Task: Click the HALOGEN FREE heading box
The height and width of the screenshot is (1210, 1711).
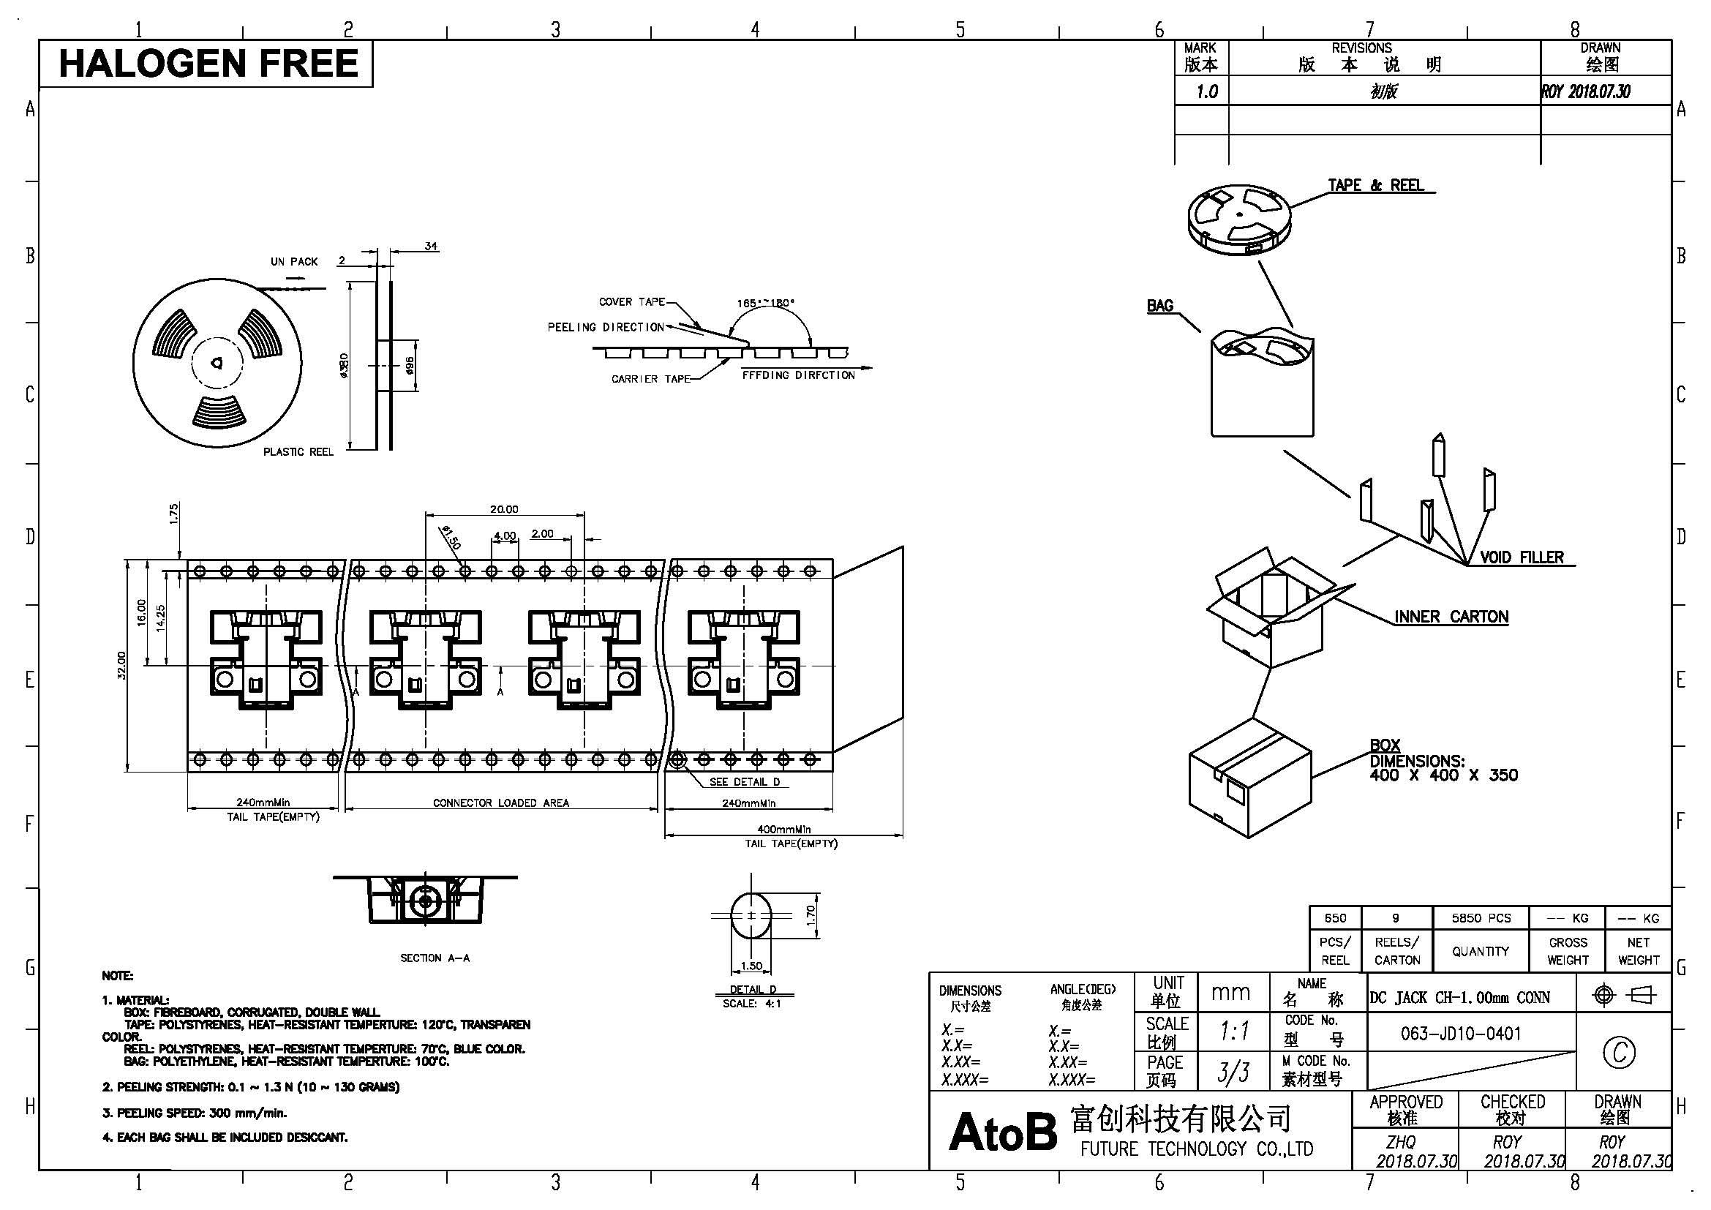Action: pyautogui.click(x=206, y=64)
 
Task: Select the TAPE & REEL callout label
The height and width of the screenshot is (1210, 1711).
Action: pyautogui.click(x=1376, y=185)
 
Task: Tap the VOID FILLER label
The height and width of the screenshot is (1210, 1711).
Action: pyautogui.click(x=1522, y=557)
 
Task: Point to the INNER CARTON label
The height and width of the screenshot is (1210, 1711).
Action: pyautogui.click(x=1451, y=617)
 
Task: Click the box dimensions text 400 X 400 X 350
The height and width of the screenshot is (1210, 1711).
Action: pyautogui.click(x=1443, y=775)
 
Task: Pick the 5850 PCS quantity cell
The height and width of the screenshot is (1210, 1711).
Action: pyautogui.click(x=1481, y=918)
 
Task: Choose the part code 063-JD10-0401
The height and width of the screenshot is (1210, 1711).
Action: pyautogui.click(x=1461, y=1034)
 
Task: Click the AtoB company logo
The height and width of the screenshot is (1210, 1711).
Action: pyautogui.click(x=1003, y=1132)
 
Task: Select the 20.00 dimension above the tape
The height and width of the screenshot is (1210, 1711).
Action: pyautogui.click(x=504, y=509)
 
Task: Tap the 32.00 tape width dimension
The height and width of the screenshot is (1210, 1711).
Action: pyautogui.click(x=122, y=665)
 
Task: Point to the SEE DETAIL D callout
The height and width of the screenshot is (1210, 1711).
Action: pyautogui.click(x=745, y=781)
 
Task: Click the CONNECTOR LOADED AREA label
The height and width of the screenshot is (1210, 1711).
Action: pyautogui.click(x=501, y=803)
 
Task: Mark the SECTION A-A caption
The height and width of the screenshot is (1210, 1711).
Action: pyautogui.click(x=435, y=958)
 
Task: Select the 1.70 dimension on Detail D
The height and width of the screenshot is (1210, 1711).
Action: pyautogui.click(x=811, y=914)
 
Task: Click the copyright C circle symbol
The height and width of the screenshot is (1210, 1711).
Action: pyautogui.click(x=1620, y=1052)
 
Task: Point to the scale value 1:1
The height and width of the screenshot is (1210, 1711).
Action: pyautogui.click(x=1234, y=1032)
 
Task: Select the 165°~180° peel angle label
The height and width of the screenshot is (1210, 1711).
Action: pyautogui.click(x=765, y=304)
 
